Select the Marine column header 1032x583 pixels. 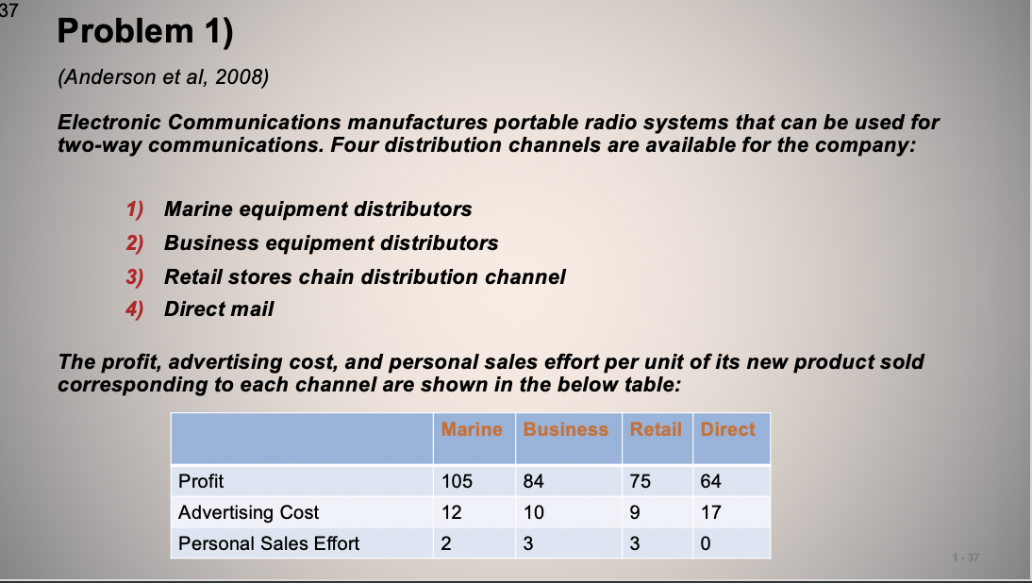click(x=472, y=429)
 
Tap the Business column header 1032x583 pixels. click(x=566, y=429)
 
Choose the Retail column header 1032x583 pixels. click(x=656, y=429)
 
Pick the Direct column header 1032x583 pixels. click(x=727, y=429)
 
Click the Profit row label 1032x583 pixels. click(x=201, y=481)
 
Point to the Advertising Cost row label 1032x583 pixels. click(x=249, y=512)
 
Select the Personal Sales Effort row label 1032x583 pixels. click(x=269, y=543)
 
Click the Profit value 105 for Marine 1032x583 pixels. click(x=457, y=481)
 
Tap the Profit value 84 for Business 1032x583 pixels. click(x=533, y=481)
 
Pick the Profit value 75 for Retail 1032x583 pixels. click(x=641, y=481)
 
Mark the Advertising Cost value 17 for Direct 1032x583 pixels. click(x=710, y=512)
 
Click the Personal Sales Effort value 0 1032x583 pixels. click(x=706, y=543)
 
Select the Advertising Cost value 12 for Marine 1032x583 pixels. click(x=451, y=512)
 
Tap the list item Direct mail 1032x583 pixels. click(x=219, y=309)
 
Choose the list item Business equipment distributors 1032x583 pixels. click(x=331, y=242)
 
